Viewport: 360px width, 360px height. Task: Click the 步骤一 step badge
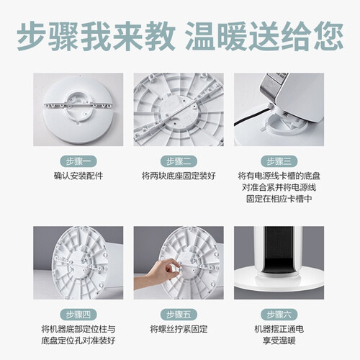[x=78, y=161]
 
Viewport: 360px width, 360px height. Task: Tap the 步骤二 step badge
[x=179, y=161]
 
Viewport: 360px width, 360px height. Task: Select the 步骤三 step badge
[x=279, y=161]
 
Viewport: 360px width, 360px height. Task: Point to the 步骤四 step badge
[x=78, y=315]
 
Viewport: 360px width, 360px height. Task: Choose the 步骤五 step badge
[x=179, y=315]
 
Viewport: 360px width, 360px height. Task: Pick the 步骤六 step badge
[x=279, y=315]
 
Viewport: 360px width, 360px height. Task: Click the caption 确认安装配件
[x=78, y=176]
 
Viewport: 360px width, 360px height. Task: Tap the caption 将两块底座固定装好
[x=179, y=176]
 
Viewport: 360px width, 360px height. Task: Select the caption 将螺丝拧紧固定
[x=179, y=329]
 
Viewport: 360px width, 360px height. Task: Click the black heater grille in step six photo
[x=279, y=250]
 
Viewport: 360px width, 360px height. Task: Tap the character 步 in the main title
[x=32, y=36]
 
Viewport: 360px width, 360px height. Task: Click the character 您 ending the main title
[x=328, y=36]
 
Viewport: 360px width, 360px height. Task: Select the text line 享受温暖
[x=279, y=341]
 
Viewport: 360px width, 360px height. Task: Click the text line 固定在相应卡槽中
[x=279, y=199]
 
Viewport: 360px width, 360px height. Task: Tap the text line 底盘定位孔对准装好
[x=78, y=341]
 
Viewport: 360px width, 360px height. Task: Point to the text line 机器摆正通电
[x=279, y=329]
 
